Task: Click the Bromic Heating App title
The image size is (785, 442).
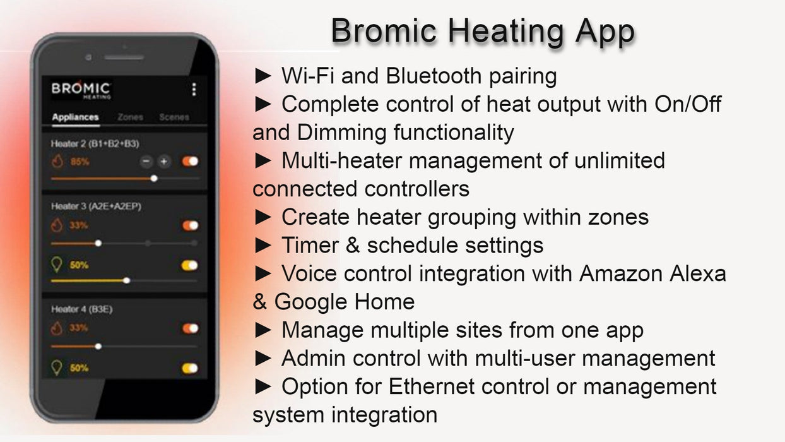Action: (x=482, y=31)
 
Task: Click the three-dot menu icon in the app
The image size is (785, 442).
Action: (x=194, y=90)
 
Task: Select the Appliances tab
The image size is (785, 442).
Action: (x=75, y=117)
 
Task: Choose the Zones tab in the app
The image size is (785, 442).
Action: (x=130, y=117)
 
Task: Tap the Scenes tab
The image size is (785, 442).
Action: (x=174, y=117)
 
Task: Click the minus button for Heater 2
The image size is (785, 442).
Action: (x=146, y=162)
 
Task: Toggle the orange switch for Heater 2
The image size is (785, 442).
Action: (x=190, y=162)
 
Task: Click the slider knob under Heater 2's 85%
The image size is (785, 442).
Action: (x=154, y=179)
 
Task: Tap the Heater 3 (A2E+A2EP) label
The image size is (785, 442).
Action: (x=91, y=206)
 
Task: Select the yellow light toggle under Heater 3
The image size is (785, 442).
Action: (x=189, y=265)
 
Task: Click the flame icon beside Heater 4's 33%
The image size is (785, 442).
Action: (x=57, y=328)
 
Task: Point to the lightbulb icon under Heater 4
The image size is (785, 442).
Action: (x=57, y=367)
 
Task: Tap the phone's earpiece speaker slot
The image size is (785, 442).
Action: (x=124, y=57)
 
